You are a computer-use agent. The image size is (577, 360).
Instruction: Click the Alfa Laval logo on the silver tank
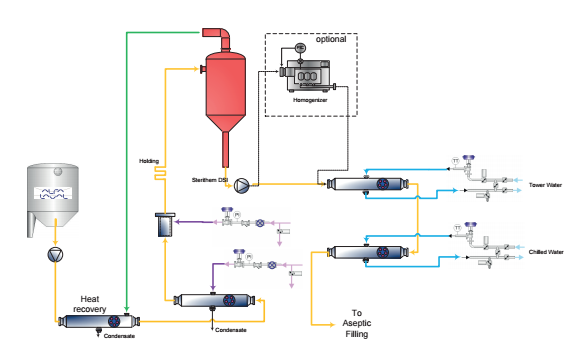coord(53,193)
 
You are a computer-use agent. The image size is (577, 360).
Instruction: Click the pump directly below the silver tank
coord(55,255)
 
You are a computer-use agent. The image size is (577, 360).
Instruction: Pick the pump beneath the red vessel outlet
coord(241,186)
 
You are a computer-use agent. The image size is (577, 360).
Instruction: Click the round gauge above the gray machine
coord(300,48)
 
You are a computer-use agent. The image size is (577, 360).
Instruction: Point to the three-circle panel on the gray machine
coord(307,77)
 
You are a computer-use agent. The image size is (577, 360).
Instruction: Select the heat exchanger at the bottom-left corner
coord(98,321)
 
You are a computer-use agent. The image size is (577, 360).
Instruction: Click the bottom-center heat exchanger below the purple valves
coord(215,300)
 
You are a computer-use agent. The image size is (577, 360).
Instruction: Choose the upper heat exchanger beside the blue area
coord(368,184)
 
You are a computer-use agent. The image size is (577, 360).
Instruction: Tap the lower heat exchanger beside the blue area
coord(368,252)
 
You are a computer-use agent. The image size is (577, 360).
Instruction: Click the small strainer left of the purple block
coord(165,226)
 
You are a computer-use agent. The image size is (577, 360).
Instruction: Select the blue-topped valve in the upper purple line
coord(227,214)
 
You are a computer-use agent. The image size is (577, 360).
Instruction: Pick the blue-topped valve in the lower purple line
coord(238,256)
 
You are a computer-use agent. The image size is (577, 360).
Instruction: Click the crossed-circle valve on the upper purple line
coord(260,223)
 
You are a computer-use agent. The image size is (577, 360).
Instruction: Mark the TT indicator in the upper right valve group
coord(455,161)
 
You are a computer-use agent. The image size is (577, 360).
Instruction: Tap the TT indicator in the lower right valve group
coord(457,228)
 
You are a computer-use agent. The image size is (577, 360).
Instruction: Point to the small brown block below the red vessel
coord(241,172)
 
